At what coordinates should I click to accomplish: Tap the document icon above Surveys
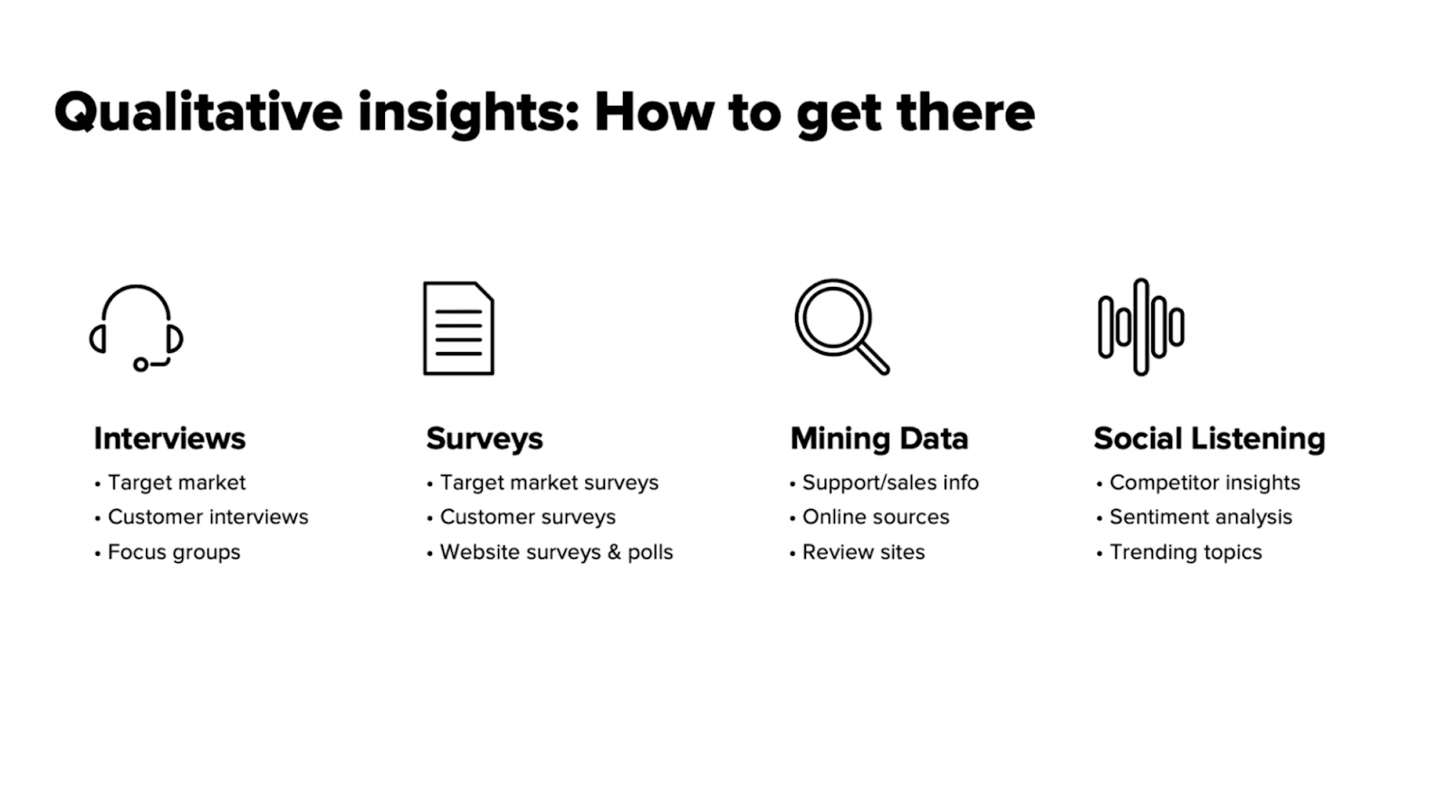click(458, 328)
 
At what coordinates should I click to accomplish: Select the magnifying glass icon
click(840, 326)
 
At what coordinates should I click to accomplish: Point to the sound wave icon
click(1141, 327)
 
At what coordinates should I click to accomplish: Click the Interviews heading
click(169, 439)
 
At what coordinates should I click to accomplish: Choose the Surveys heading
click(485, 439)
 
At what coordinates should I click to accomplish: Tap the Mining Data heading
click(878, 439)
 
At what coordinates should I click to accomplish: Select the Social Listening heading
click(1209, 439)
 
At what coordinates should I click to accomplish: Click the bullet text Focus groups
click(174, 552)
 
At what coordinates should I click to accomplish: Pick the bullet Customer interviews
click(207, 517)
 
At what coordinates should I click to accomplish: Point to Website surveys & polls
click(556, 552)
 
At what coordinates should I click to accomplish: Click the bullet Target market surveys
click(549, 483)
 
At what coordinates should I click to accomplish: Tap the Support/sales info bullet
click(890, 483)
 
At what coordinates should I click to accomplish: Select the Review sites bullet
click(863, 552)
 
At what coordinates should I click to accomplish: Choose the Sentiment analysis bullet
click(1200, 517)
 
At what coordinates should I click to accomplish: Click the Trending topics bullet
click(1185, 552)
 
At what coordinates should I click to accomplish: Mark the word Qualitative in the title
click(198, 113)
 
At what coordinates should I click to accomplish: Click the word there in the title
click(965, 113)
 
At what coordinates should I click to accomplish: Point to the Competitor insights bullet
click(1204, 483)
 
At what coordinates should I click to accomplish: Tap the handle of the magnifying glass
click(872, 358)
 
